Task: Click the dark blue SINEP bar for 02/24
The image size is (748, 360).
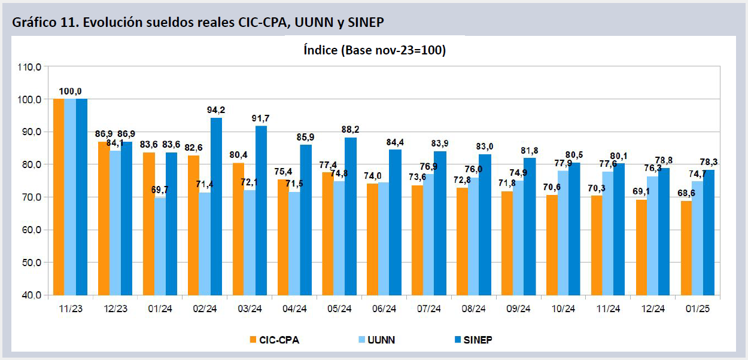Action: point(216,206)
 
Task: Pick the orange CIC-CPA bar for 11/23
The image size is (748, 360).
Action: point(59,197)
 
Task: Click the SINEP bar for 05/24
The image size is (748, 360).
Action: point(351,216)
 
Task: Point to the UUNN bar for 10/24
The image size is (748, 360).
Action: point(564,233)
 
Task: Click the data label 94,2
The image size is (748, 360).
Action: point(216,109)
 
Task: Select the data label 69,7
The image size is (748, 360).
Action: point(160,190)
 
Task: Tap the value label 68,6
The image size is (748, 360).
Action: point(686,193)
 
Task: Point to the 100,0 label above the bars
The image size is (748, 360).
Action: point(70,91)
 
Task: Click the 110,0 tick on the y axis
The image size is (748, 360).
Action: point(29,67)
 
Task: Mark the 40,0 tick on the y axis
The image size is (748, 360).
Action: point(29,295)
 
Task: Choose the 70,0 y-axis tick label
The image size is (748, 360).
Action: point(29,197)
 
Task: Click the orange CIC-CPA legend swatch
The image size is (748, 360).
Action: point(254,340)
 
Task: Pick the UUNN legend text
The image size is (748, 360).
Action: point(381,340)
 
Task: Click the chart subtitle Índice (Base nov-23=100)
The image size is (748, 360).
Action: point(375,51)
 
